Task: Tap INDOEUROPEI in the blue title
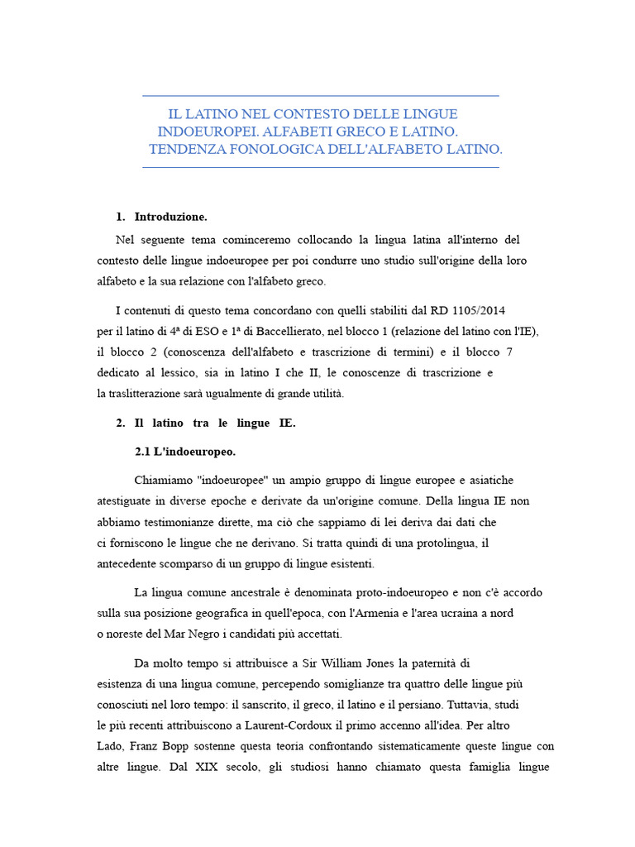pyautogui.click(x=203, y=132)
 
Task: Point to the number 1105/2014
pyautogui.click(x=479, y=311)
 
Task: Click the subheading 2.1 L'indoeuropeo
pyautogui.click(x=185, y=452)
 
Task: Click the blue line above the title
pyautogui.click(x=321, y=96)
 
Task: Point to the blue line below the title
pyautogui.click(x=321, y=167)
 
